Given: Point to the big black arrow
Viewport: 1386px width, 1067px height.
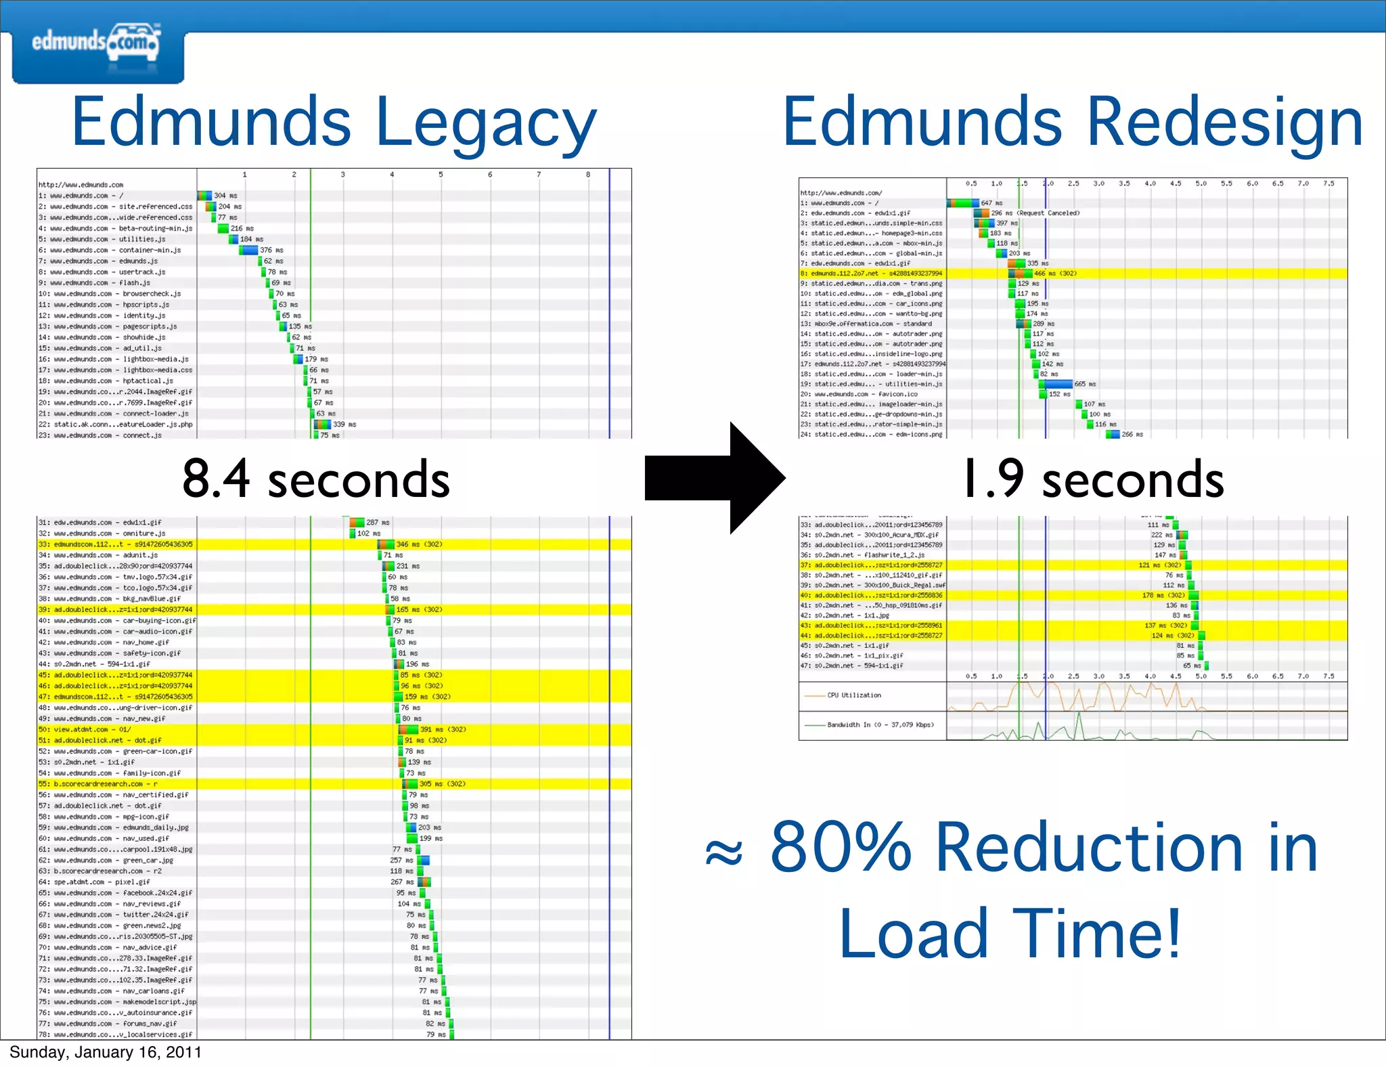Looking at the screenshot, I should (x=715, y=478).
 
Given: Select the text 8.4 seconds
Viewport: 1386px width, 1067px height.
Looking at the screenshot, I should (x=316, y=479).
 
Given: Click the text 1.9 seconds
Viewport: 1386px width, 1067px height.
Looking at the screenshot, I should (x=1092, y=479).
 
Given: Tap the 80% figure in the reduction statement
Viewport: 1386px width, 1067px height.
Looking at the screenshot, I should (x=842, y=847).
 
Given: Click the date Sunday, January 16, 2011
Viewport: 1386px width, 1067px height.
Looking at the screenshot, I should (x=106, y=1052).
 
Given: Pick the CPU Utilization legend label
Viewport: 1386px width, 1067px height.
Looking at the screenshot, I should (x=854, y=695).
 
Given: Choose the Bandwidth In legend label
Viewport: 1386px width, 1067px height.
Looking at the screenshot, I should (x=880, y=724).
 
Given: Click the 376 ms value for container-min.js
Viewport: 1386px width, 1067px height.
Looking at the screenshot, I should (x=272, y=251).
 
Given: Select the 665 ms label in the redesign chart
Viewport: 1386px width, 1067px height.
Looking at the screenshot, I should (x=1085, y=384).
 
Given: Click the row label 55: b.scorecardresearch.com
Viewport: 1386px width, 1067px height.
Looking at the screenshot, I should (x=99, y=784).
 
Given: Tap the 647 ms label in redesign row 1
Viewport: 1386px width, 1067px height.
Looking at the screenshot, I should (x=991, y=203).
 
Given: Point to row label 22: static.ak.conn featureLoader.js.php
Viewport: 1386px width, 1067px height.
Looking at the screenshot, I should (x=116, y=424).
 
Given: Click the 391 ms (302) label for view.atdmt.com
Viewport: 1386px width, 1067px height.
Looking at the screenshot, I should (x=443, y=730).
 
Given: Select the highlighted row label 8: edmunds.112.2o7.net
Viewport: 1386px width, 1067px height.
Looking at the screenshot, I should (x=872, y=274).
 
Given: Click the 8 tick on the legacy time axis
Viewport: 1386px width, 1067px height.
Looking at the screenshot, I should (x=588, y=175).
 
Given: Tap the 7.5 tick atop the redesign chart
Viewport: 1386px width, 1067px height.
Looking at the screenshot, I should (x=1328, y=183).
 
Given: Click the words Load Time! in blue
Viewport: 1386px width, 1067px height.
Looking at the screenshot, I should (x=1010, y=934).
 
